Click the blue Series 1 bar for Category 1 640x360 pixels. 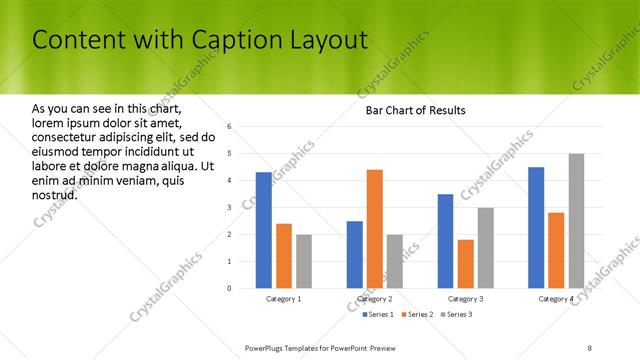[x=263, y=230]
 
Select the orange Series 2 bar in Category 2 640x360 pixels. [x=375, y=229]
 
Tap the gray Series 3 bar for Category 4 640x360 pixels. [x=576, y=221]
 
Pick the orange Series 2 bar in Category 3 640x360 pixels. [x=466, y=264]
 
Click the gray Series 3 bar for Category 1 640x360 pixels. [x=303, y=261]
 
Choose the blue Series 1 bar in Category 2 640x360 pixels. [x=355, y=255]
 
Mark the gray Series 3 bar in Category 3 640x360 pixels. [x=486, y=248]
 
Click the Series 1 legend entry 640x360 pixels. [x=377, y=315]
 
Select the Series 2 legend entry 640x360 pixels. [x=418, y=315]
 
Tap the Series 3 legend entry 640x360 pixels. [x=458, y=315]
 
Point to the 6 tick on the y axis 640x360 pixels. [x=230, y=127]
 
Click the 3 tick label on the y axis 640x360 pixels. [x=230, y=208]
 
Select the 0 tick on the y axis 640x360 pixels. [x=230, y=289]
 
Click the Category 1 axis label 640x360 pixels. [x=283, y=299]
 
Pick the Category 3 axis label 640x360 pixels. [x=466, y=299]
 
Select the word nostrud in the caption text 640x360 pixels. [x=55, y=194]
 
